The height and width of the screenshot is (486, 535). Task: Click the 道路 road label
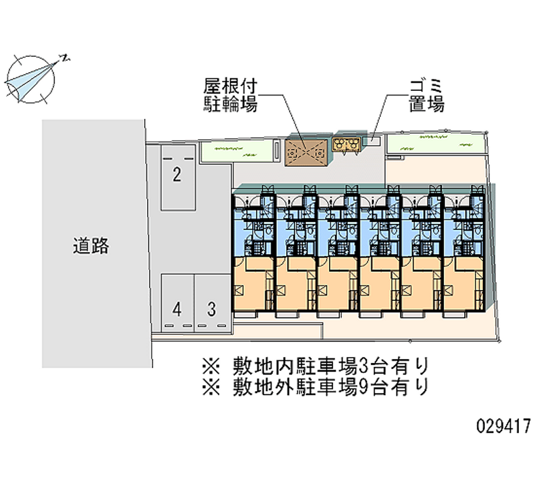(91, 247)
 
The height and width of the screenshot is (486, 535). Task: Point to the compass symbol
(31, 78)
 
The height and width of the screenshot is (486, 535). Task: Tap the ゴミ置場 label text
(427, 96)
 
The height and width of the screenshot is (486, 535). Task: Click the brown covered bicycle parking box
(306, 152)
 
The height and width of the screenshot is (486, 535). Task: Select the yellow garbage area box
(347, 144)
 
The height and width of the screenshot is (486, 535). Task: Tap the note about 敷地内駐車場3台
(314, 366)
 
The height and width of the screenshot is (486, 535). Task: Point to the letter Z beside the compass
(66, 59)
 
